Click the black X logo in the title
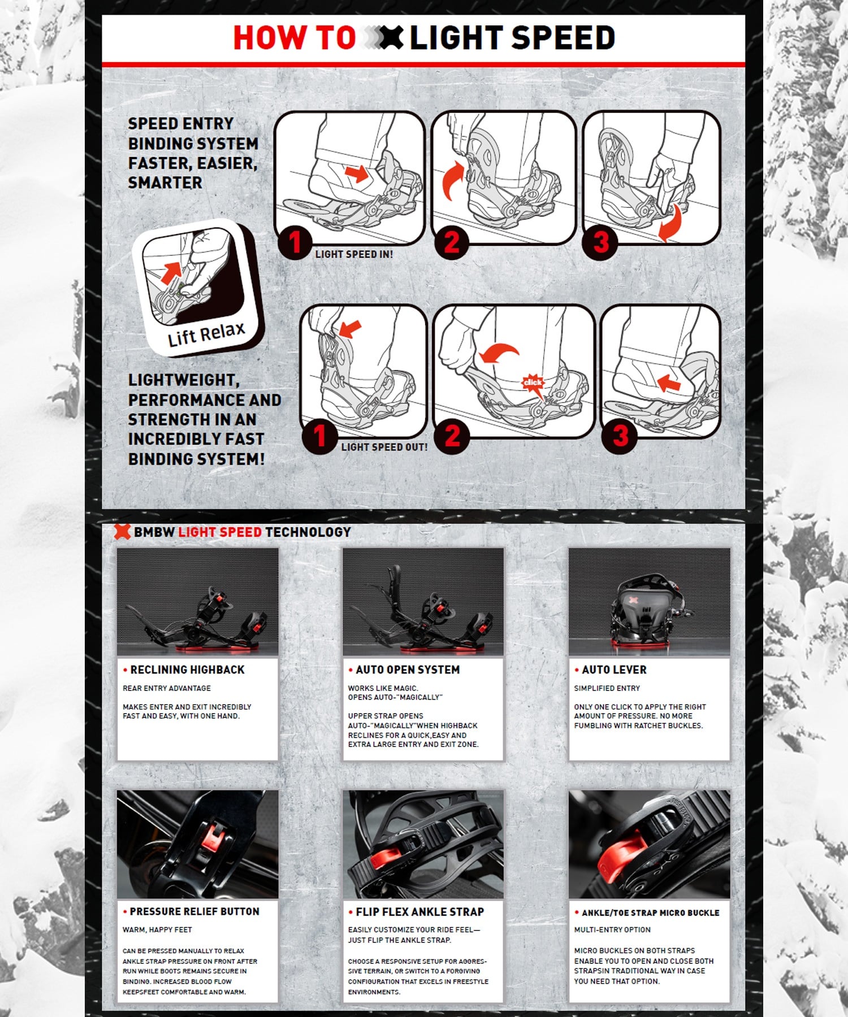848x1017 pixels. click(x=391, y=38)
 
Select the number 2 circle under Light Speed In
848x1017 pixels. click(x=451, y=242)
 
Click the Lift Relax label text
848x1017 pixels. click(x=206, y=334)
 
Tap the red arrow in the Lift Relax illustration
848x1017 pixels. click(x=171, y=272)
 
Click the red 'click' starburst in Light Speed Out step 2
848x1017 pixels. click(x=533, y=383)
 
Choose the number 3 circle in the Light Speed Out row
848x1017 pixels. click(x=620, y=436)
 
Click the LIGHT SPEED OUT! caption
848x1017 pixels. click(x=384, y=447)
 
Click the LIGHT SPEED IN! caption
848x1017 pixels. click(x=354, y=254)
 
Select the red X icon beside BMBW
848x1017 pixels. click(x=122, y=531)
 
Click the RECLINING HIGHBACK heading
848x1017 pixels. click(x=187, y=670)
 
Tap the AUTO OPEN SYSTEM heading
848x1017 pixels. click(x=408, y=670)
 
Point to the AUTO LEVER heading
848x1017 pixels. click(x=614, y=670)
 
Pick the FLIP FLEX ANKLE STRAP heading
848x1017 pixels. click(x=420, y=912)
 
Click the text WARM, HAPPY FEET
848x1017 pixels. click(x=157, y=929)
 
